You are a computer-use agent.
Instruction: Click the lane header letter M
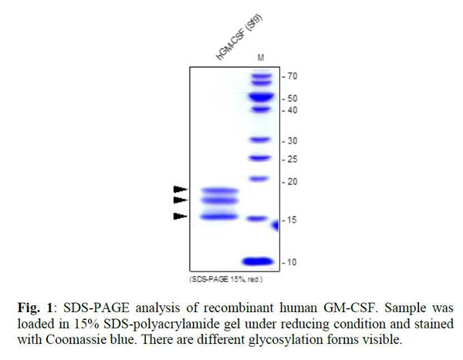(261, 59)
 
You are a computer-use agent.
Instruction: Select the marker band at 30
(260, 140)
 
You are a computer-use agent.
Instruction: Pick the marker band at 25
(260, 159)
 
